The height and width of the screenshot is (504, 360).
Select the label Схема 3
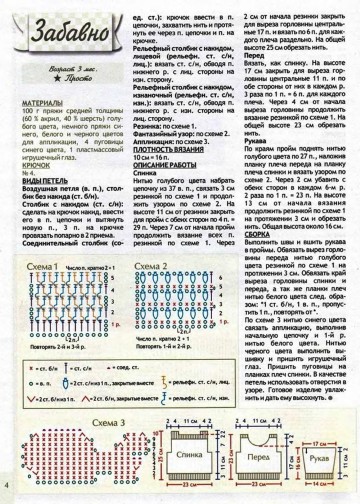pyautogui.click(x=49, y=396)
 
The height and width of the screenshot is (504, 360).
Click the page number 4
pyautogui.click(x=7, y=486)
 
